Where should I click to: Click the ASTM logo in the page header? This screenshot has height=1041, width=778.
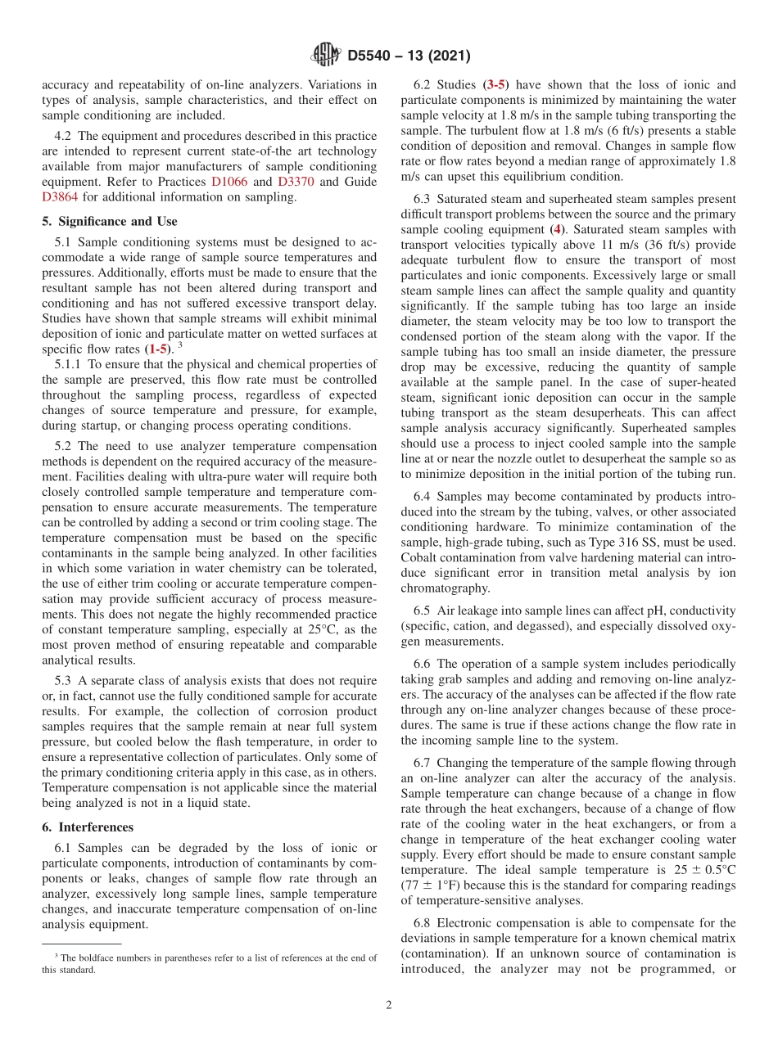click(x=326, y=56)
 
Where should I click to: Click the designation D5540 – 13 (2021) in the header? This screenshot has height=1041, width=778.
click(x=409, y=56)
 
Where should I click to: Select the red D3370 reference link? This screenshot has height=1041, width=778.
click(x=295, y=182)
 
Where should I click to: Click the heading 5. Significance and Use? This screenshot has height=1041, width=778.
click(x=109, y=221)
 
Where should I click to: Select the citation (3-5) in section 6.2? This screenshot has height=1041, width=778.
click(x=497, y=85)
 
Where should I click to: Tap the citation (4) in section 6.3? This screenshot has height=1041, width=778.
click(x=558, y=229)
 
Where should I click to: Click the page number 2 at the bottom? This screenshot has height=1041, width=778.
click(x=389, y=1006)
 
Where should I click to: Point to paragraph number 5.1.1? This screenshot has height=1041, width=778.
click(x=70, y=363)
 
